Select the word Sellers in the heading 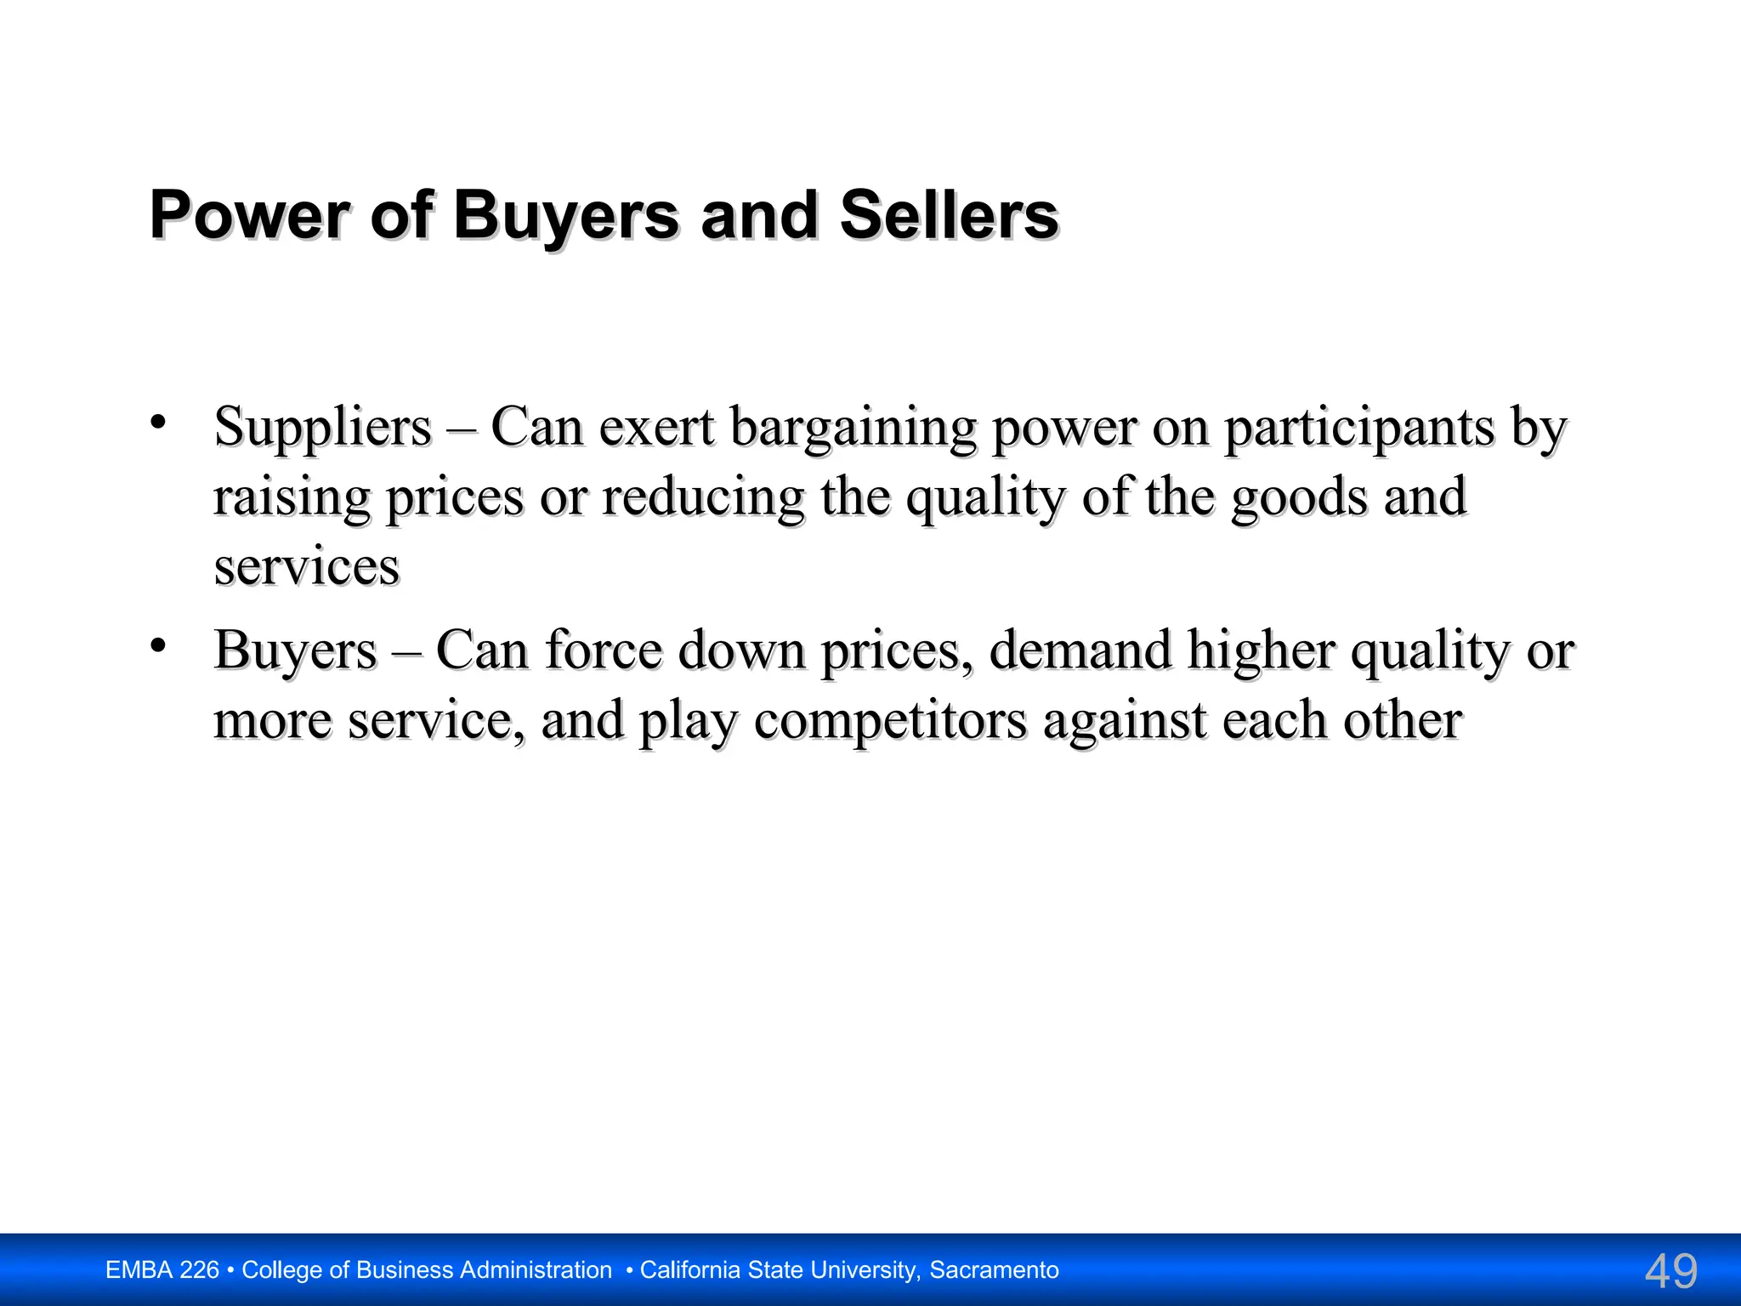coord(949,215)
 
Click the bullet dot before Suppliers coord(158,423)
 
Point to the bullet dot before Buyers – coord(158,646)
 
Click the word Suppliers coord(323,427)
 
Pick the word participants coord(1358,427)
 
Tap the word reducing coord(703,497)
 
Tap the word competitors coord(890,720)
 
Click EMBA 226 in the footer coord(162,1270)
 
